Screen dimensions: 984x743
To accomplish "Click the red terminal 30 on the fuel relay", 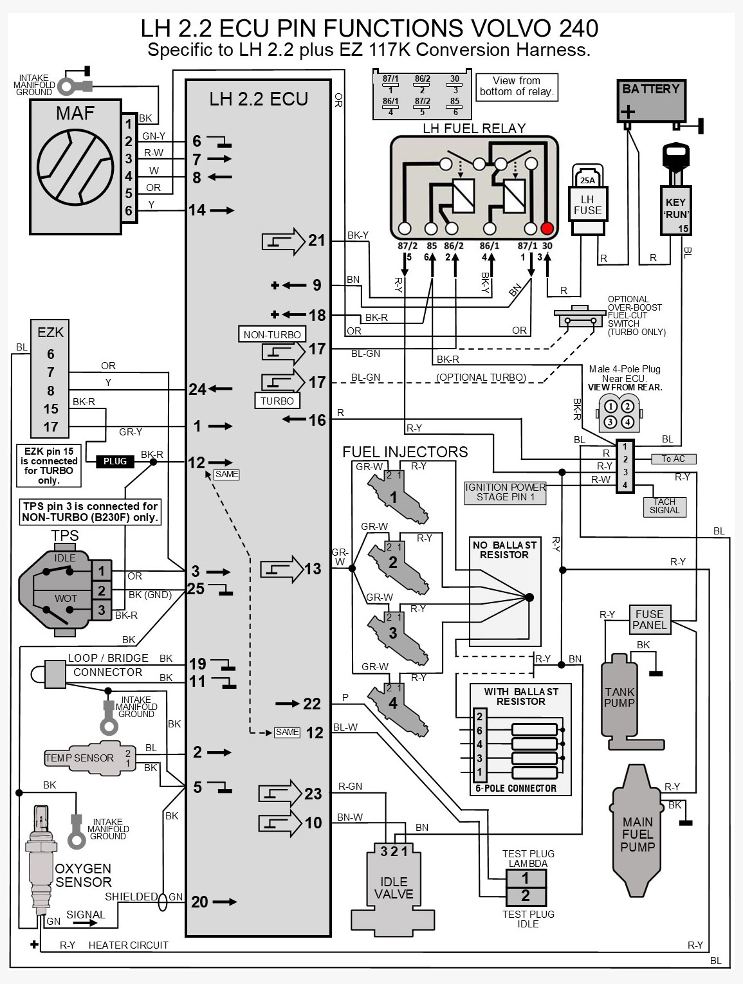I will point(547,228).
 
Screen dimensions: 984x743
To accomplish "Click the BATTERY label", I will point(650,89).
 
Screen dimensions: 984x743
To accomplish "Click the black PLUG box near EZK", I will point(115,461).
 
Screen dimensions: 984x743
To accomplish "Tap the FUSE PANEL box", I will point(649,619).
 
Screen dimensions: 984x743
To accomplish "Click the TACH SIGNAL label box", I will point(664,506).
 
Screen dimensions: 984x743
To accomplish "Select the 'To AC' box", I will point(674,459).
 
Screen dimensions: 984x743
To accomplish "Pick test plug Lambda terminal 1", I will point(525,878).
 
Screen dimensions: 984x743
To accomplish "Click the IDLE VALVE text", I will point(393,888).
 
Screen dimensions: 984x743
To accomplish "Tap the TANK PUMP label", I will point(619,697).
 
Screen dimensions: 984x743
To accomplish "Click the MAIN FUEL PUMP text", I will point(638,834).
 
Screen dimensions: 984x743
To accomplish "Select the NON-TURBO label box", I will point(272,334).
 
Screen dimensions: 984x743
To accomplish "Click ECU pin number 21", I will point(316,241).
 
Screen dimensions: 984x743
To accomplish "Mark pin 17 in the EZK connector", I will point(51,426).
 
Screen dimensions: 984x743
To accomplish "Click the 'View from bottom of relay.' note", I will point(517,86).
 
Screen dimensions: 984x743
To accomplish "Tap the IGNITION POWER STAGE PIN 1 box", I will point(505,492).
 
